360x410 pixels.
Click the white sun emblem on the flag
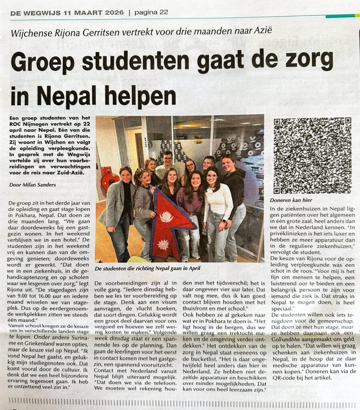pyautogui.click(x=166, y=217)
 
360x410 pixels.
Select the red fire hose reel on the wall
pyautogui.click(x=107, y=179)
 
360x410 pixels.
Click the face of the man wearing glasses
pyautogui.click(x=168, y=157)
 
